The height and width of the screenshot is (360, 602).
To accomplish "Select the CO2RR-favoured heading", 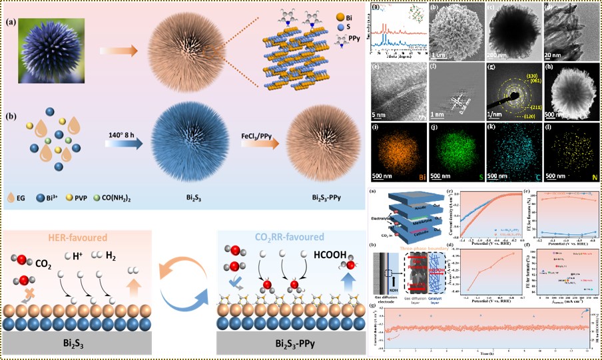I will [289, 238].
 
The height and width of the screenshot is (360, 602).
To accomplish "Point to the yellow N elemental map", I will [572, 154].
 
